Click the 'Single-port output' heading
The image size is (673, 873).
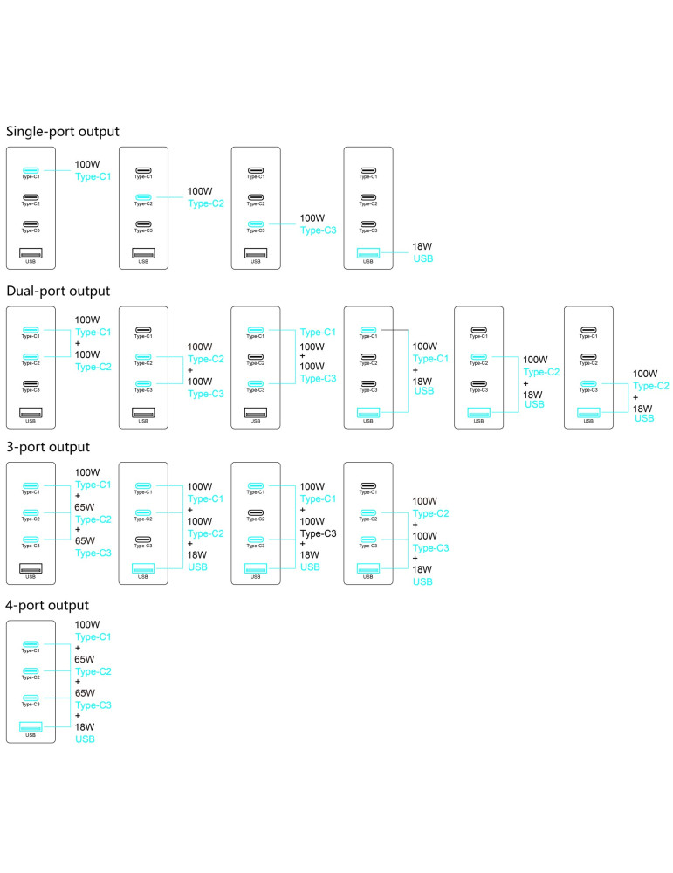point(62,132)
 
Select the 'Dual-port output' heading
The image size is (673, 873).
point(58,292)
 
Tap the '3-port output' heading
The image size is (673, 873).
point(48,447)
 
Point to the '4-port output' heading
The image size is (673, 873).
point(47,605)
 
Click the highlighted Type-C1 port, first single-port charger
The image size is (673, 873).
point(31,170)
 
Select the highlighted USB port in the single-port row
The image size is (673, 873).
point(368,253)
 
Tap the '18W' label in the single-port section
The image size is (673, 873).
point(422,246)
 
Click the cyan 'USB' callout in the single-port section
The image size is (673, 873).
point(423,258)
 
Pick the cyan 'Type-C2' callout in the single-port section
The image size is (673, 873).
point(206,203)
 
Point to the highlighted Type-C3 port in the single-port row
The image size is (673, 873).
point(256,223)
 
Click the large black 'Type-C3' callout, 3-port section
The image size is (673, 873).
point(318,533)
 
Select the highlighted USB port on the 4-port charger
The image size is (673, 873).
point(31,726)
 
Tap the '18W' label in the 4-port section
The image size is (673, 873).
point(85,726)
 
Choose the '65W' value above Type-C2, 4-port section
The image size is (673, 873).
point(85,659)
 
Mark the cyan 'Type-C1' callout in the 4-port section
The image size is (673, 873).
point(93,636)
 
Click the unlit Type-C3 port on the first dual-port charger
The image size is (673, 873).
point(31,383)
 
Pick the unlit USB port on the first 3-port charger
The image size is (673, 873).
point(31,568)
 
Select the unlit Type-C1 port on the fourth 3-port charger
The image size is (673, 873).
point(368,486)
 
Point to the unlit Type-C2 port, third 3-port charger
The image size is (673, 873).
point(256,512)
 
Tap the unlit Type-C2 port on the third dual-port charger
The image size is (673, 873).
point(256,357)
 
